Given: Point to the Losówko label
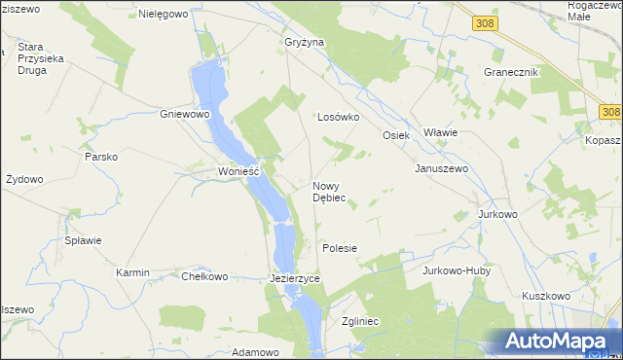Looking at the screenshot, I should tap(339, 117).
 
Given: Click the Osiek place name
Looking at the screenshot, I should tap(395, 135).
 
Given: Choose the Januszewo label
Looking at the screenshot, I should tap(442, 168).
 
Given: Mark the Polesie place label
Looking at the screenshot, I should tap(340, 248).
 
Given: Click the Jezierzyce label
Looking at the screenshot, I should tap(294, 278).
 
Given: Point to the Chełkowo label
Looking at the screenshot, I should tap(204, 276).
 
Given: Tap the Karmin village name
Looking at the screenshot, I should tap(132, 272).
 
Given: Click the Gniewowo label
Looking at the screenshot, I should tap(185, 114).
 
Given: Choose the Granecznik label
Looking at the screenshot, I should tap(510, 72).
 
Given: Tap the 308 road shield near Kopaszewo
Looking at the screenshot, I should tap(610, 112).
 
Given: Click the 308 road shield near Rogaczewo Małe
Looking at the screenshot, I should tap(483, 21).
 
